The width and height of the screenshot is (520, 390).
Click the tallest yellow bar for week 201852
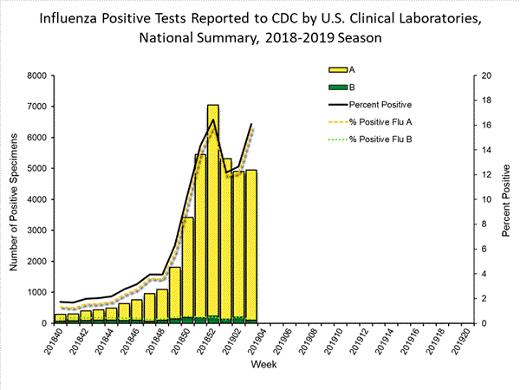(213, 217)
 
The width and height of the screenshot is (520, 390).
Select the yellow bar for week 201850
(188, 269)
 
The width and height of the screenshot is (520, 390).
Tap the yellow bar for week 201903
(251, 247)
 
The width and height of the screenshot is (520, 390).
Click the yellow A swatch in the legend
(335, 69)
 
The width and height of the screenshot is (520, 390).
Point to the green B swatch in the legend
(335, 88)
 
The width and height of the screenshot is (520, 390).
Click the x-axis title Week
(263, 365)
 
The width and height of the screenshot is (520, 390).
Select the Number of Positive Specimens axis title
(14, 199)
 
